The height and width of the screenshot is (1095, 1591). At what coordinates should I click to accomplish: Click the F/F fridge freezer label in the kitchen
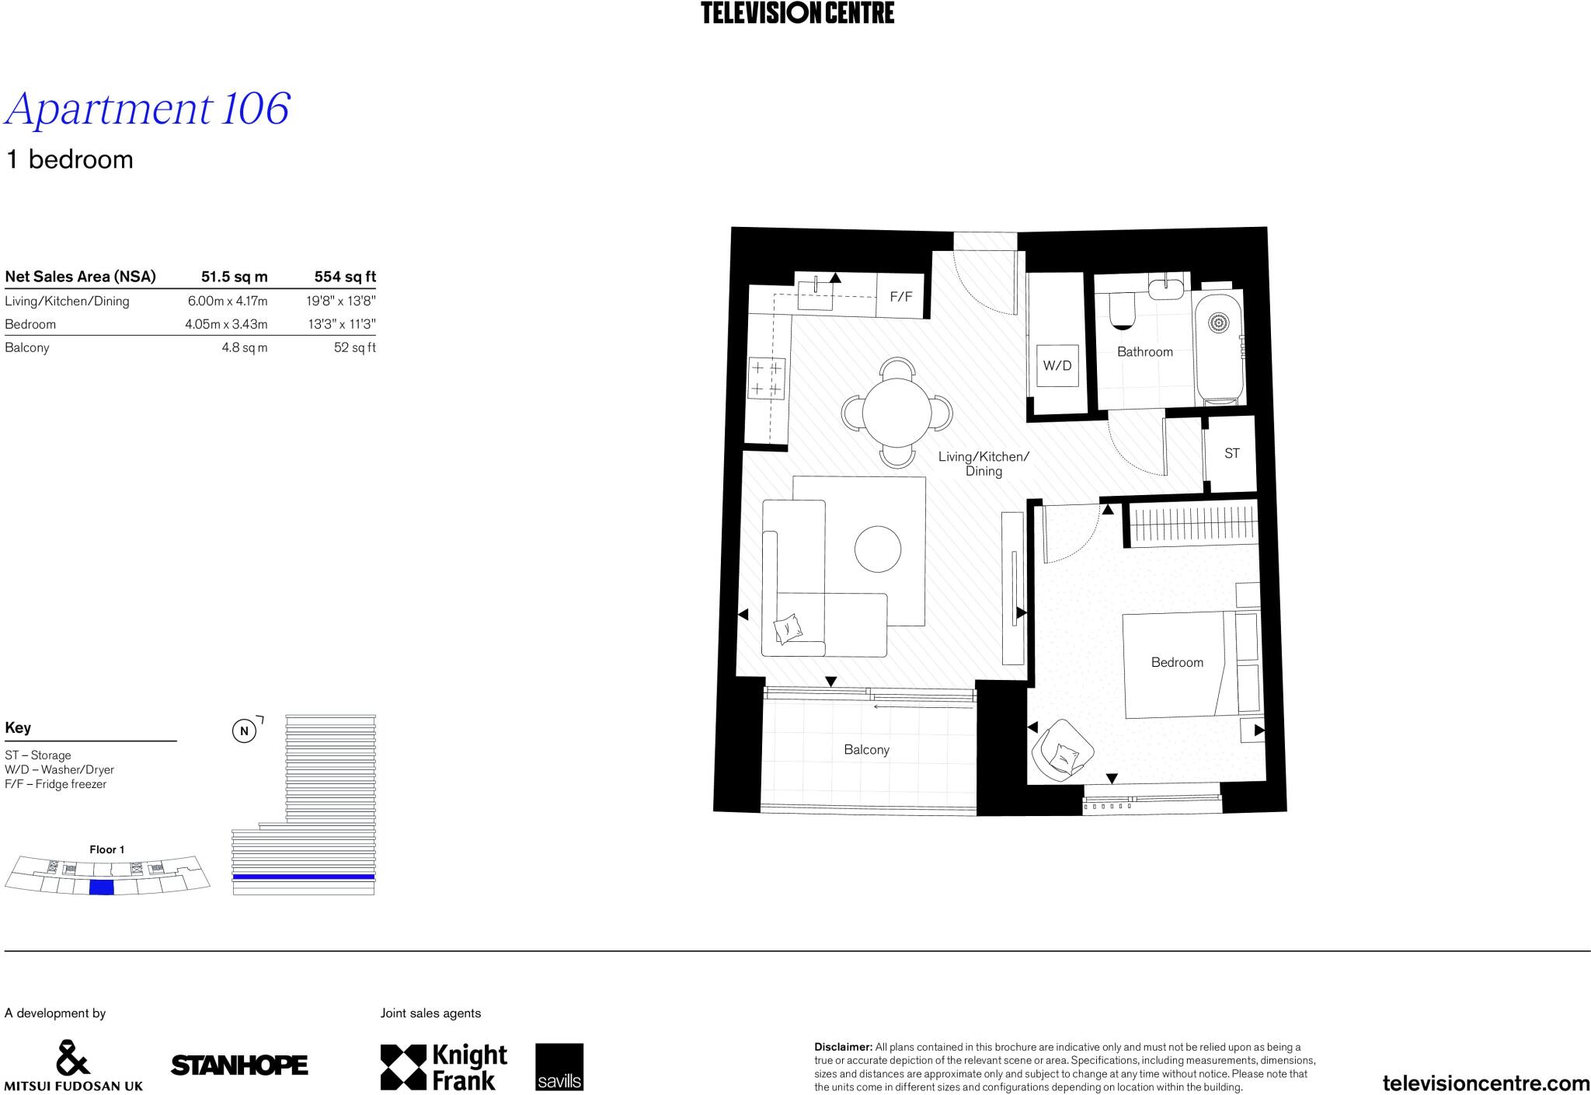pyautogui.click(x=900, y=296)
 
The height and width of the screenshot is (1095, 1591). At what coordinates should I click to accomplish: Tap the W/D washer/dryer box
pyautogui.click(x=1057, y=365)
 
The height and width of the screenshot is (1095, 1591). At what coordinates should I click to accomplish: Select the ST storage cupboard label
pyautogui.click(x=1231, y=453)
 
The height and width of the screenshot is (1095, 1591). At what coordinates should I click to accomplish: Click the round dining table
pyautogui.click(x=896, y=413)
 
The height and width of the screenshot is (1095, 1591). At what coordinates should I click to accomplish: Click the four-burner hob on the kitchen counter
pyautogui.click(x=766, y=378)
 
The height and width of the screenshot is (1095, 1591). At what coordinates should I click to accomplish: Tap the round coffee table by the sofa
pyautogui.click(x=878, y=549)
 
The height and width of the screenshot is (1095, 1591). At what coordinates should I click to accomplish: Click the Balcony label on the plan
pyautogui.click(x=866, y=750)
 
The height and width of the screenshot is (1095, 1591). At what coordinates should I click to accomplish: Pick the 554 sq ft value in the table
pyautogui.click(x=345, y=277)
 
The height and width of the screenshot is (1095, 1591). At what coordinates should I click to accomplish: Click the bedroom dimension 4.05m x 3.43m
pyautogui.click(x=226, y=324)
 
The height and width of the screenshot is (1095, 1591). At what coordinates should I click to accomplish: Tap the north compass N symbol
pyautogui.click(x=244, y=731)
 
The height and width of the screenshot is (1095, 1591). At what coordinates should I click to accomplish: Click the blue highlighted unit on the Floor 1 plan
pyautogui.click(x=102, y=888)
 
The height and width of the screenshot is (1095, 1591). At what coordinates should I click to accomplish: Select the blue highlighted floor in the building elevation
pyautogui.click(x=304, y=877)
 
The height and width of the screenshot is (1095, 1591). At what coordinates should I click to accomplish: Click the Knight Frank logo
pyautogui.click(x=444, y=1067)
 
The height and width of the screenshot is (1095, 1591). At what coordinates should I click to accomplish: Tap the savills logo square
pyautogui.click(x=559, y=1066)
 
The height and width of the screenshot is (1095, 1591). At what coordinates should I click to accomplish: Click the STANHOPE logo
pyautogui.click(x=239, y=1065)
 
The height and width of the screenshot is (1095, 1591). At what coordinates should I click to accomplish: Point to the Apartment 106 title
pyautogui.click(x=148, y=109)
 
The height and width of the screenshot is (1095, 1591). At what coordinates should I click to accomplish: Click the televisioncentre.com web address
pyautogui.click(x=1486, y=1083)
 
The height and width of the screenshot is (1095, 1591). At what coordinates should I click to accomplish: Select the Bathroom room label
pyautogui.click(x=1144, y=352)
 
